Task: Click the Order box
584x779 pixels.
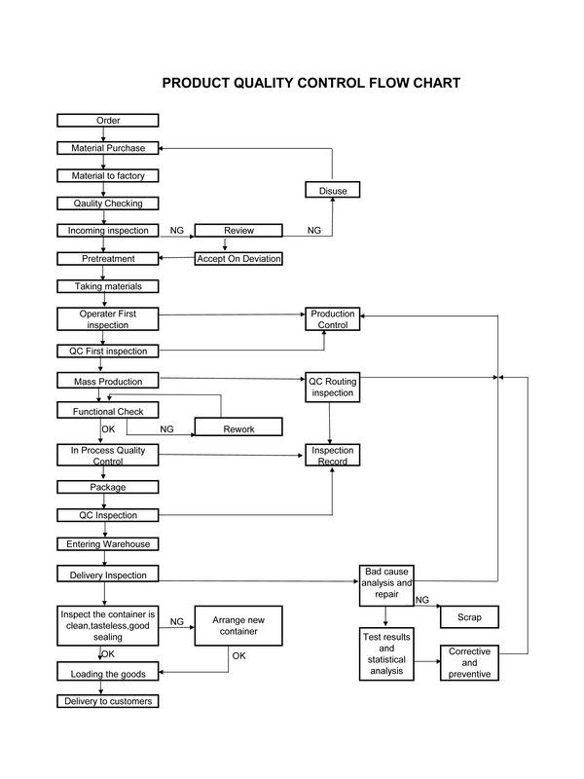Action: (x=108, y=120)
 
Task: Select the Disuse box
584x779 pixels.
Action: (x=332, y=190)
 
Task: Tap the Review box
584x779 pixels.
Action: (x=238, y=230)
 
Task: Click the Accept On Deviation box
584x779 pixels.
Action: (x=238, y=258)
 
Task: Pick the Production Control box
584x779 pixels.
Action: (x=332, y=319)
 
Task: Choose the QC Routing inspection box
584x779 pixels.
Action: (x=332, y=387)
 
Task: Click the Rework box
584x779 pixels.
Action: (x=238, y=427)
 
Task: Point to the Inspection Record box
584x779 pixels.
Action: (x=332, y=455)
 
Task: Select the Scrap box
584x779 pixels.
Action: (x=469, y=617)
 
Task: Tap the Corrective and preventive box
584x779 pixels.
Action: (x=469, y=663)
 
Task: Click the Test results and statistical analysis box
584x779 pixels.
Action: (x=386, y=653)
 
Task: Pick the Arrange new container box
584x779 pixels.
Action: (x=238, y=625)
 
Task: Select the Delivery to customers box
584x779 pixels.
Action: (x=108, y=701)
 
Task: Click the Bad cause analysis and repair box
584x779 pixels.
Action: (x=386, y=585)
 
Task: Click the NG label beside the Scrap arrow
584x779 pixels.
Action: (x=422, y=600)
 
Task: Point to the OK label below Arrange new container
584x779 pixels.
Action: (x=238, y=655)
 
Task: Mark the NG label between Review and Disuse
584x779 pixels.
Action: (x=313, y=230)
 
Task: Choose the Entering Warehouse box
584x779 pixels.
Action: (x=108, y=544)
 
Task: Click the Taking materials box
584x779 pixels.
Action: (x=108, y=286)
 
